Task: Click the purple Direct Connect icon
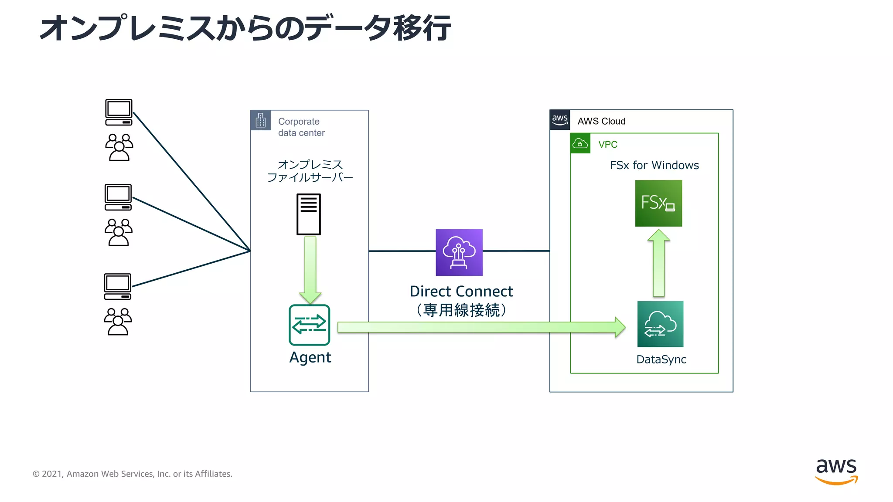point(459,252)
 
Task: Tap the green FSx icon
point(658,203)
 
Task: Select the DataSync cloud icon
point(660,324)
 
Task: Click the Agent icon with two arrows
point(309,325)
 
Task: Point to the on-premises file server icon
point(308,214)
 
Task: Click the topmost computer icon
point(119,112)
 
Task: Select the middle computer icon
point(118,197)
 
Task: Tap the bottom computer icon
point(118,287)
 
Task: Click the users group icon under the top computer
point(119,147)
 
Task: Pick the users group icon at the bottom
point(118,322)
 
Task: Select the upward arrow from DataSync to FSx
point(658,264)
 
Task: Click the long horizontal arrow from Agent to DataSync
point(480,327)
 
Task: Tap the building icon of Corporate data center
point(260,120)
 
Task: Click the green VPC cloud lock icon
point(580,143)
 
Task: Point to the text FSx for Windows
point(654,165)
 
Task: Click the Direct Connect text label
point(461,291)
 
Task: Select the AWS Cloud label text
point(601,121)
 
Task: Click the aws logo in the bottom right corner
point(836,471)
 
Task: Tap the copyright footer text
point(133,474)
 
